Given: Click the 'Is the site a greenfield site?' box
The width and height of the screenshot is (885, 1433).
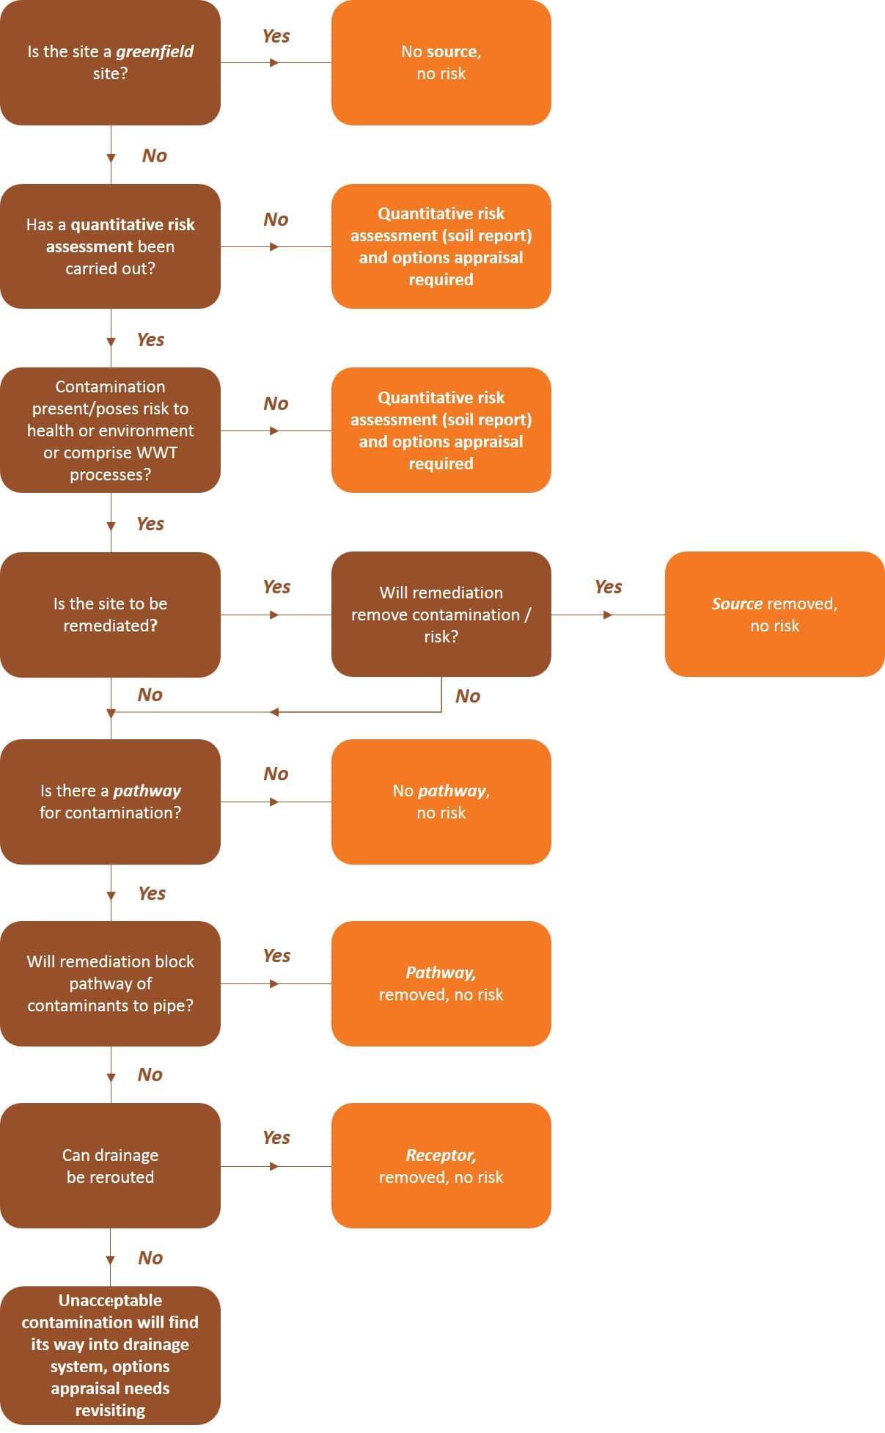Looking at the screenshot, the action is pos(110,62).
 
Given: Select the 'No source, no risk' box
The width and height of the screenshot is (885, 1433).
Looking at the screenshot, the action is pos(441,62).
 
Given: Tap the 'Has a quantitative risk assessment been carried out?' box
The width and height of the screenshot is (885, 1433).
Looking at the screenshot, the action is pos(110,246).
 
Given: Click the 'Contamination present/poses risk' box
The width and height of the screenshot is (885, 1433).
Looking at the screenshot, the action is pos(110,430).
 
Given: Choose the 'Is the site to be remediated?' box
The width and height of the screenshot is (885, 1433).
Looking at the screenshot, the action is pos(110,615).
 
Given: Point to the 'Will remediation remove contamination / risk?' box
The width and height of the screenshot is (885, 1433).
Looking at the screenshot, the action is pos(441,615).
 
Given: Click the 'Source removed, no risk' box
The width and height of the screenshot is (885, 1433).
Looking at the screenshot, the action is pos(774,615).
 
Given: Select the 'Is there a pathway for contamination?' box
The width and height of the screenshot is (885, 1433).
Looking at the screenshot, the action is pos(110,802).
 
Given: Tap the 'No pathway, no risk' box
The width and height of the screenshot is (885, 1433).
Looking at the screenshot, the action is pos(441,802).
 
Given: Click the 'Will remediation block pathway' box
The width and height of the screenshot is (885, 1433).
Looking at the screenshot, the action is pos(110,983).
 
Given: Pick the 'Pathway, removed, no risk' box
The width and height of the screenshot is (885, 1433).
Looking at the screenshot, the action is pos(441,983).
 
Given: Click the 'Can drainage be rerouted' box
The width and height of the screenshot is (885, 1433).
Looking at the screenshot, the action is pos(110,1166).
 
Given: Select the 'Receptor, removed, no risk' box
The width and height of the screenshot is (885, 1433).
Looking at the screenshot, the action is pos(441,1166).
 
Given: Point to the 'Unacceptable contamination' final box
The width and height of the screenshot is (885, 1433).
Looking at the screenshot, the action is pos(110,1355).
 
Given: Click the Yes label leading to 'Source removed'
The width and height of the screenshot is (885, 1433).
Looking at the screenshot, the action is pos(609,587).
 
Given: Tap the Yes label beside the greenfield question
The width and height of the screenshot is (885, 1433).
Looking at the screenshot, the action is pos(276,36).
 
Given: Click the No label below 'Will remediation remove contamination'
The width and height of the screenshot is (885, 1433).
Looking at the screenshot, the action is pos(468,696).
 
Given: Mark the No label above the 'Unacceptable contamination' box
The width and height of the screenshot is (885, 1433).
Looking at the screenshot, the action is pos(150,1258).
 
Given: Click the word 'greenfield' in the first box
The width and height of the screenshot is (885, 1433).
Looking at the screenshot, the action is pos(155,51).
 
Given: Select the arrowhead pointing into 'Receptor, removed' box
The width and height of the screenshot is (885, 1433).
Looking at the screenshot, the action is pos(274,1166).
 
